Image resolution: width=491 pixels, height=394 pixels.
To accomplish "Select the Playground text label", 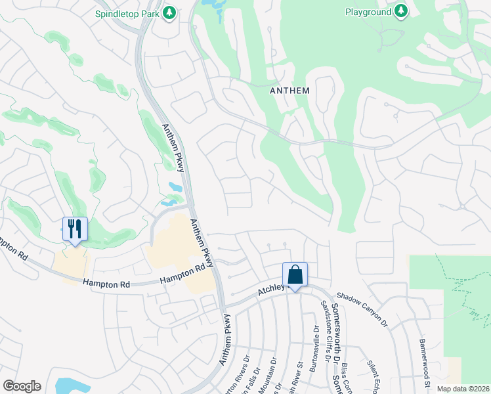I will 368,12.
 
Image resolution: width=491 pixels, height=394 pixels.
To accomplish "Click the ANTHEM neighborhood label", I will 289,91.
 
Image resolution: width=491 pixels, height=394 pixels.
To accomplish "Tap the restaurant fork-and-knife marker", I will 74,229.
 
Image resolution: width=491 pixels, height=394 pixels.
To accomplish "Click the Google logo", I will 22,386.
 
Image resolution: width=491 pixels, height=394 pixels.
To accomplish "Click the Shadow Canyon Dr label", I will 362,310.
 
